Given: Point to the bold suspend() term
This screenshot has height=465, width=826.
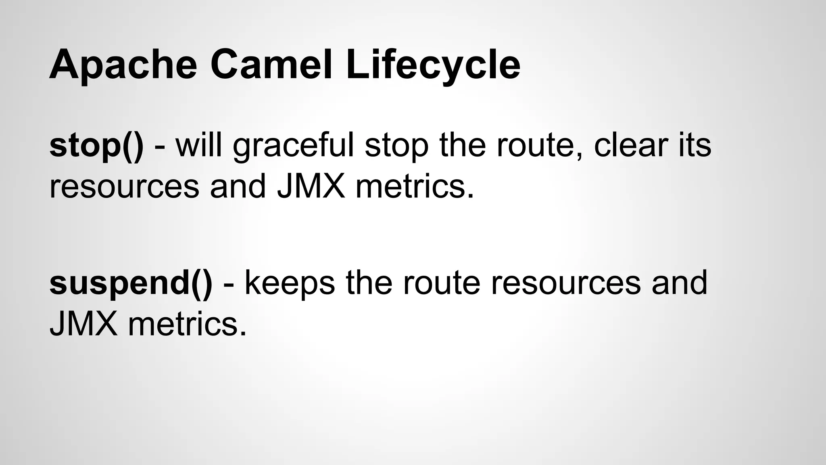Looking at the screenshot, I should [x=131, y=283].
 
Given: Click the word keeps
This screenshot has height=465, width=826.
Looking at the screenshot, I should [x=290, y=283].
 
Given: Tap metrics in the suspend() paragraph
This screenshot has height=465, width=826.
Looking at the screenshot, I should [x=187, y=324].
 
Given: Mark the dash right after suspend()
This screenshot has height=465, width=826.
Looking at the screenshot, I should [x=228, y=284].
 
